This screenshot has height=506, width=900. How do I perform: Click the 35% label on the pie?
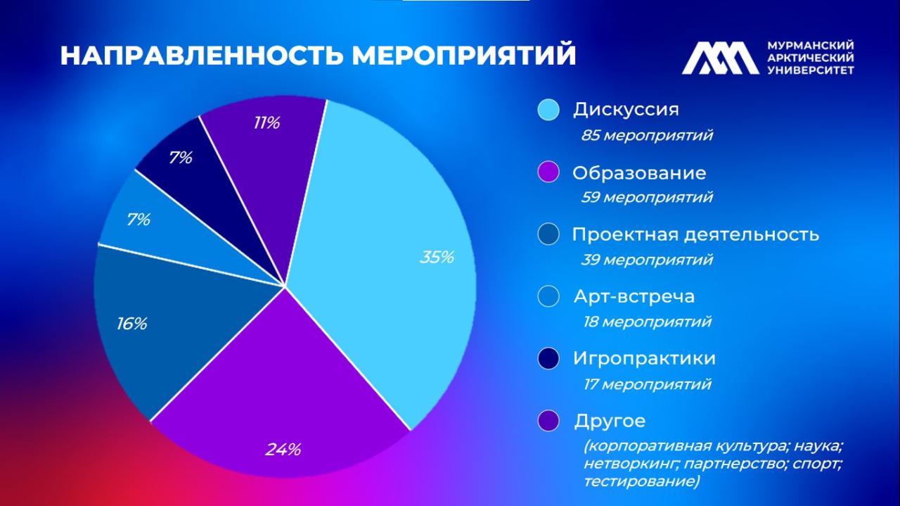437,258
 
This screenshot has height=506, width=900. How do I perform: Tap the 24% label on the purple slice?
283,449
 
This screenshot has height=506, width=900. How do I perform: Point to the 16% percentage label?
131,324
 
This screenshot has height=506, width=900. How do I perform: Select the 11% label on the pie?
266,123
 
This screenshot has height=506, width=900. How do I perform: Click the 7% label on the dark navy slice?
180,158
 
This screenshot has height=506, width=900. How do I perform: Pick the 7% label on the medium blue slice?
139,220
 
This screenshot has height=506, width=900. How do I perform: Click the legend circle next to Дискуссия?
548,110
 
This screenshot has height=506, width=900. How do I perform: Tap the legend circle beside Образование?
548,172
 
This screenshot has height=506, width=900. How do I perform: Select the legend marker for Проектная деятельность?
548,234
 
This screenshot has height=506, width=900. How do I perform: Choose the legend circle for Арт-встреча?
548,296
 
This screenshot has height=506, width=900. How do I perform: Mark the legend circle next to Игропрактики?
548,358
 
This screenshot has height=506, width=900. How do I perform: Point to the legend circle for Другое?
548,421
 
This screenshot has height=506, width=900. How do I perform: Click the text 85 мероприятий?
646,135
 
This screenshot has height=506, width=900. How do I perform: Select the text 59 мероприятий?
646,197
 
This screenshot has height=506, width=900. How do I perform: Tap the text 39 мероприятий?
646,260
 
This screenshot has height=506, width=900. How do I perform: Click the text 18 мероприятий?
646,322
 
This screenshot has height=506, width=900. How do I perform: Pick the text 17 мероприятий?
646,384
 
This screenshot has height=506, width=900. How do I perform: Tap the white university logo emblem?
720,58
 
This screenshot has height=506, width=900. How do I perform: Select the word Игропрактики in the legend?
644,358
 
